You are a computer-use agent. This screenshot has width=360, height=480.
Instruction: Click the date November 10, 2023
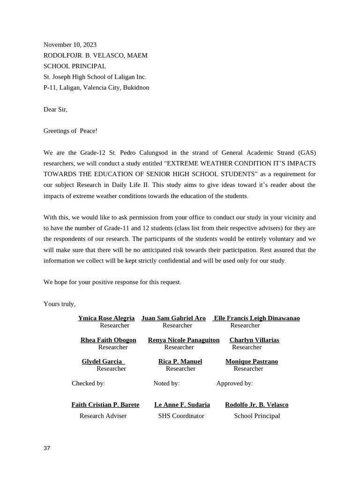click(70, 45)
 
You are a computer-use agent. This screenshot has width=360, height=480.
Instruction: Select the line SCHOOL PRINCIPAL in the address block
click(75, 66)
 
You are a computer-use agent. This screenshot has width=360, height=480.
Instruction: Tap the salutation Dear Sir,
click(55, 109)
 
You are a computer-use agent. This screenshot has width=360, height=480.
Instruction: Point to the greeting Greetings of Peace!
click(70, 131)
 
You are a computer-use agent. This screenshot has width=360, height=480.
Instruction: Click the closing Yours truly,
click(60, 304)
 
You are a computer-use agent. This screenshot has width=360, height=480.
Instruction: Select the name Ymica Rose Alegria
click(106, 318)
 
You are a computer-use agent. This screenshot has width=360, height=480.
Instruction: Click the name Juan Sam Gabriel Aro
click(173, 318)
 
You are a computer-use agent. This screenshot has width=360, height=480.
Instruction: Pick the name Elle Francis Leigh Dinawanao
click(256, 318)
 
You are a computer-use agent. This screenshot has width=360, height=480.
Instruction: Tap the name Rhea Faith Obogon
click(108, 340)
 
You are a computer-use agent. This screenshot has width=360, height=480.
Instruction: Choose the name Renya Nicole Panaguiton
click(184, 340)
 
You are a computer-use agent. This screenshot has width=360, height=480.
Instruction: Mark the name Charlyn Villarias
click(254, 340)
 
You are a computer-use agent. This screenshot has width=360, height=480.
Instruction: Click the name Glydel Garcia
click(102, 361)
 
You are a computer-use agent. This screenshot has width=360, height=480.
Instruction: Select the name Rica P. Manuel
click(180, 361)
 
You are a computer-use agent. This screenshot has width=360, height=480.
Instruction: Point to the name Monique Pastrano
click(252, 361)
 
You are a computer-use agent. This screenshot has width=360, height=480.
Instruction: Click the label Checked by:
click(88, 383)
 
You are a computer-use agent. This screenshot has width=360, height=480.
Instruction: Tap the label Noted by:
click(166, 383)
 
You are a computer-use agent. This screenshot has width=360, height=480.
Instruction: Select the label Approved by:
click(234, 383)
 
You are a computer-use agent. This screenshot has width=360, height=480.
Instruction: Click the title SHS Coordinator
click(181, 416)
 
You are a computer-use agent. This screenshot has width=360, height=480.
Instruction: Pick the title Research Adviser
click(103, 416)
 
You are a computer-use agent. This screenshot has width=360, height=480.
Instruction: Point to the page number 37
click(47, 448)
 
